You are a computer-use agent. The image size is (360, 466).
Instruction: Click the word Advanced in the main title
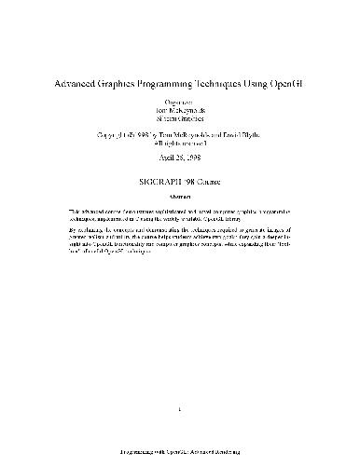(x=76, y=83)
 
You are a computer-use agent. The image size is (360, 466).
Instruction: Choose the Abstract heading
(x=180, y=198)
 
